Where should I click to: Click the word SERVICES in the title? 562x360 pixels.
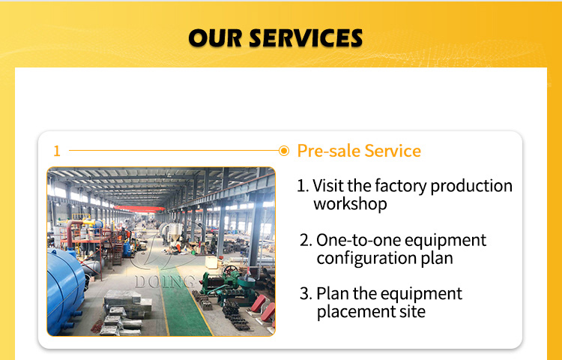[306, 38]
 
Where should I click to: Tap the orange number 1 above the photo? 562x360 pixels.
[57, 151]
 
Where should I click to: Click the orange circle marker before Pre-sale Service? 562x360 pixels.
[283, 151]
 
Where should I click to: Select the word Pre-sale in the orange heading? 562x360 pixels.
[329, 151]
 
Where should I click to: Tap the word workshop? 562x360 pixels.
[350, 204]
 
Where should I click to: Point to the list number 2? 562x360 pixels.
[306, 240]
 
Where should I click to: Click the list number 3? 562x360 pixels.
[306, 294]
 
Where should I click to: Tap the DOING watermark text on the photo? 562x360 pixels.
[166, 282]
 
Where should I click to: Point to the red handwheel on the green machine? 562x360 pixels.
[230, 270]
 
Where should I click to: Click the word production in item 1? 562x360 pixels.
[471, 186]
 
